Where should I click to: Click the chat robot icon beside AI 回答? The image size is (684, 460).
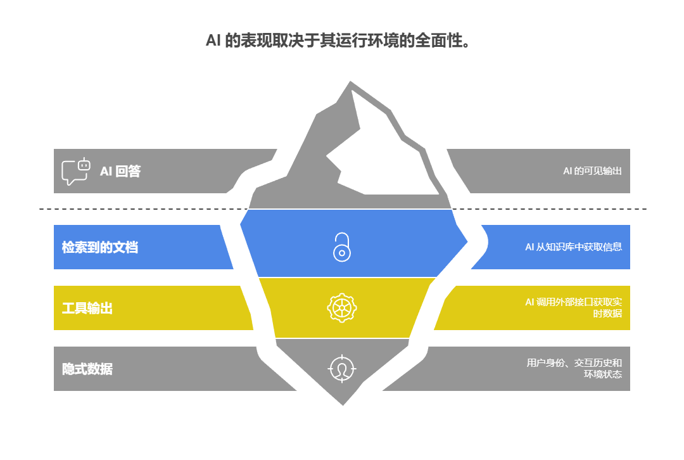point(75,171)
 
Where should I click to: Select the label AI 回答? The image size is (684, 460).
point(120,171)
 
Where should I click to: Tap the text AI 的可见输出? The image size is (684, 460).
point(592,171)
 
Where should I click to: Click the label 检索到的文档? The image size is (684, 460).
point(99,247)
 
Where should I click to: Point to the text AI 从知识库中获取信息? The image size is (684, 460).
point(573,247)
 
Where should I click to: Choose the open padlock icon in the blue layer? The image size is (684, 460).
point(342,247)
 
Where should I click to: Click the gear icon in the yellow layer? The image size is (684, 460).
point(342,308)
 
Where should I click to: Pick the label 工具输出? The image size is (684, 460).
point(87,309)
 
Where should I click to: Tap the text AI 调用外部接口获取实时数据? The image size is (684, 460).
point(573,308)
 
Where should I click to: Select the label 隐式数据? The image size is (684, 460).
point(87,369)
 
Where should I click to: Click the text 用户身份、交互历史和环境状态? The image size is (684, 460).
point(574,369)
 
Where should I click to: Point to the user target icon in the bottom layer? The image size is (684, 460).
point(342,369)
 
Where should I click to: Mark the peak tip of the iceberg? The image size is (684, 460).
point(350,81)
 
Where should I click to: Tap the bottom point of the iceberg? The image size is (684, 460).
point(343,405)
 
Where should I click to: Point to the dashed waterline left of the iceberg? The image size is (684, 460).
point(139,209)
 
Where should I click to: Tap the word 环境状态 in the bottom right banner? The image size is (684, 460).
point(603,374)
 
